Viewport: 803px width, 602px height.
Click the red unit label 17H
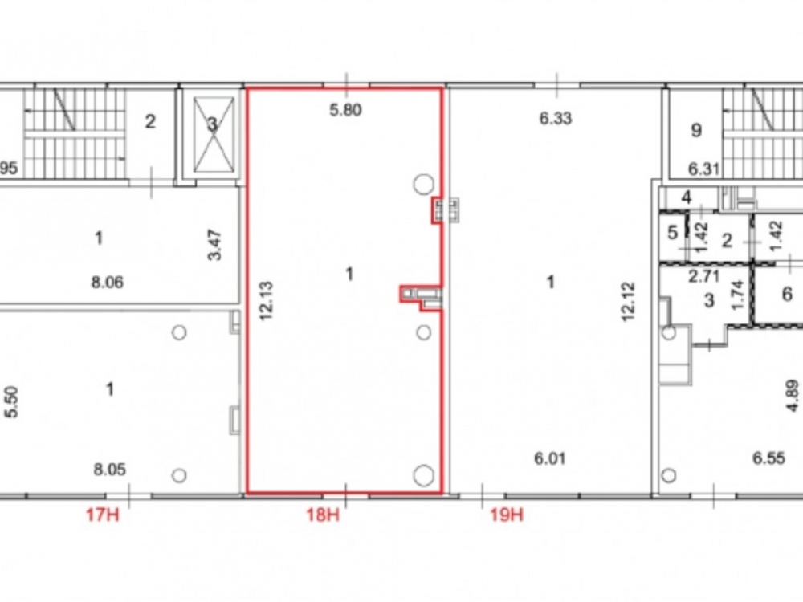click(103, 514)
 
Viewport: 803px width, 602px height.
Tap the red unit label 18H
click(323, 514)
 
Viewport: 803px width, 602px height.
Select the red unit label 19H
click(507, 514)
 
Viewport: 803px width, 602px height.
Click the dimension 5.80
click(345, 110)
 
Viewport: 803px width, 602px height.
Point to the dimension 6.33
click(556, 119)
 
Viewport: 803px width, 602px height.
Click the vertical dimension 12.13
click(267, 301)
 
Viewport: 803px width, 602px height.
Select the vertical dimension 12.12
click(628, 301)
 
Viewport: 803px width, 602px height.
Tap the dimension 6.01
click(549, 458)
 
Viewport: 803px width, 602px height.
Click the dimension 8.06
click(107, 282)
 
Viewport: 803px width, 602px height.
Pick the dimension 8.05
click(109, 470)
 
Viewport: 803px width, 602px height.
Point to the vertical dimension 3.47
click(215, 245)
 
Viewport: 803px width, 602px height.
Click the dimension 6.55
click(768, 458)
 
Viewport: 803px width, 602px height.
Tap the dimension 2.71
click(704, 277)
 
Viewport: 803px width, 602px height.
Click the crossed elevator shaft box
click(214, 134)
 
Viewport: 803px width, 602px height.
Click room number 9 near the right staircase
click(696, 131)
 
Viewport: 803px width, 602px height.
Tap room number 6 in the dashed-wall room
click(787, 294)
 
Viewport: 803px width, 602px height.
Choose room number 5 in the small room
click(672, 233)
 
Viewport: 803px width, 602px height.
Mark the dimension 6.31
click(703, 169)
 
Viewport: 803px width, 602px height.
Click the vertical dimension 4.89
click(793, 395)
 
